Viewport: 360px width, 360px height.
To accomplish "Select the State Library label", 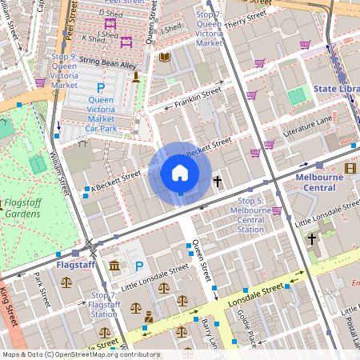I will pyautogui.click(x=335, y=89).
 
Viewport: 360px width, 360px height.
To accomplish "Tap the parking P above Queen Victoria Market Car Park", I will pyautogui.click(x=100, y=87).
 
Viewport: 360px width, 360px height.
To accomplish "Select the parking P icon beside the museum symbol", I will pyautogui.click(x=139, y=266).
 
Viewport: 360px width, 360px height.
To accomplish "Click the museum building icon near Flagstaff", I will pyautogui.click(x=114, y=266).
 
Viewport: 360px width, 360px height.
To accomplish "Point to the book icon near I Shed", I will pyautogui.click(x=165, y=57).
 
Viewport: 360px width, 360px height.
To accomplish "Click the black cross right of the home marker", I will pyautogui.click(x=217, y=182).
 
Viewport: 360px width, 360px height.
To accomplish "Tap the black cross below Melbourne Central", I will pyautogui.click(x=312, y=238).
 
